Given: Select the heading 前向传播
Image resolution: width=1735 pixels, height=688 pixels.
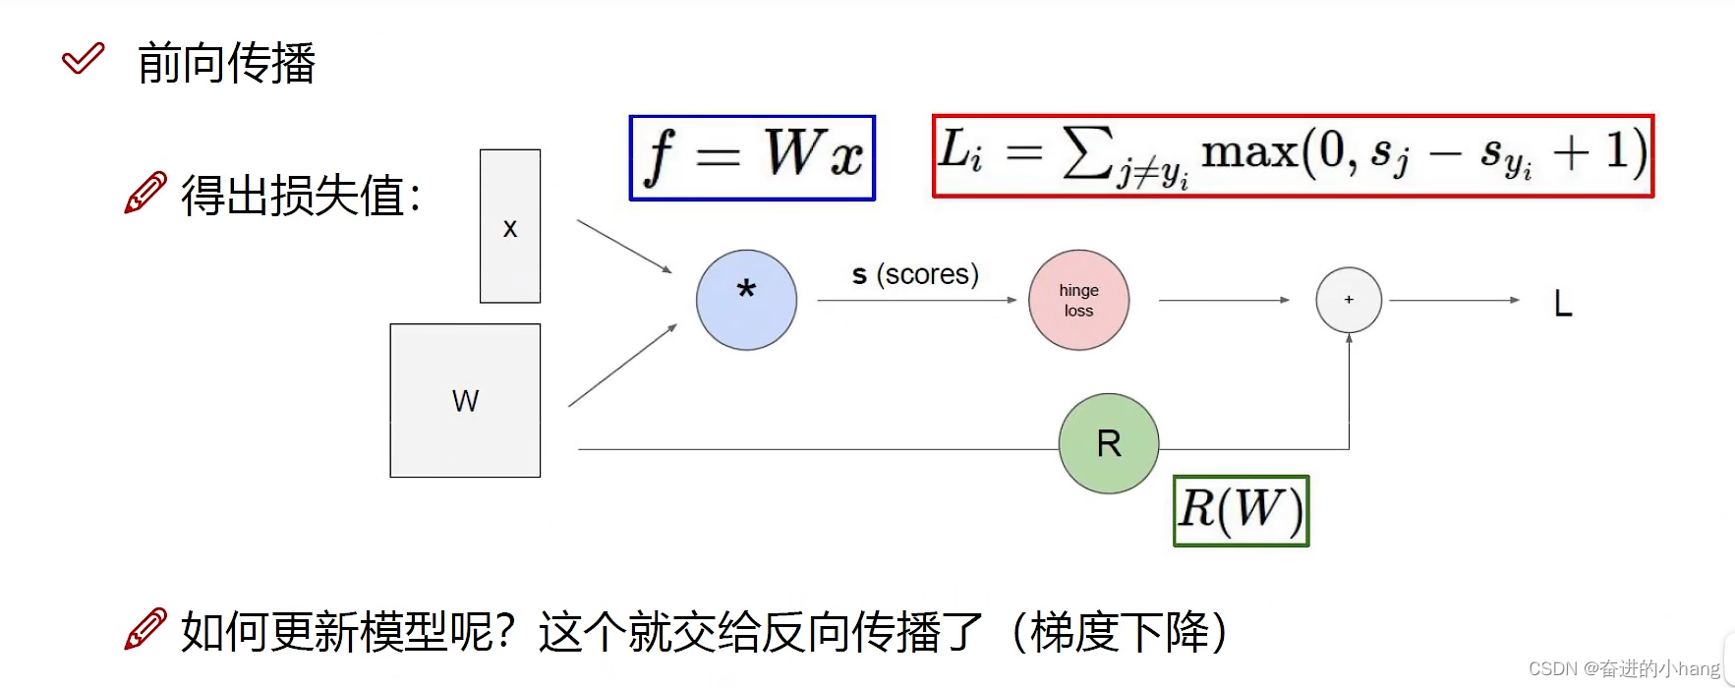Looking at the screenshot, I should pyautogui.click(x=226, y=64).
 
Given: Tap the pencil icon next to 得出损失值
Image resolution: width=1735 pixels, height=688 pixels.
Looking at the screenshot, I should pyautogui.click(x=145, y=193).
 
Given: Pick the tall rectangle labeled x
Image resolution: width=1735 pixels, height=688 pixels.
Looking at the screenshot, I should pyautogui.click(x=509, y=226).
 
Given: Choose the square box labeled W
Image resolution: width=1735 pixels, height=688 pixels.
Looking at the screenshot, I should pyautogui.click(x=465, y=400).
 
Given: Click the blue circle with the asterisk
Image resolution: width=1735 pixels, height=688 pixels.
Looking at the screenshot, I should pyautogui.click(x=746, y=300).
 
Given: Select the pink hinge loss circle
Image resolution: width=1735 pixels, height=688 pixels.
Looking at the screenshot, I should pyautogui.click(x=1078, y=300).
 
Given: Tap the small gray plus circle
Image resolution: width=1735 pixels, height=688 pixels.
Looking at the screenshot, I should pyautogui.click(x=1349, y=300).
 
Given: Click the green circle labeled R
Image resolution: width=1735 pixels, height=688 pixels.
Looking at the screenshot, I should pyautogui.click(x=1109, y=443).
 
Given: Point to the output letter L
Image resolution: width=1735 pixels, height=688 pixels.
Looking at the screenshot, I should pyautogui.click(x=1563, y=305).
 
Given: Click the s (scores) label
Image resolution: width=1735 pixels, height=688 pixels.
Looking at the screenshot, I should pyautogui.click(x=915, y=274).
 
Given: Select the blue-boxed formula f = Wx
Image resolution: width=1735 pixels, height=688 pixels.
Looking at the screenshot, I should pyautogui.click(x=752, y=157).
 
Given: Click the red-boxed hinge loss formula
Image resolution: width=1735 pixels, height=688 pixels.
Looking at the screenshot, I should pyautogui.click(x=1293, y=156).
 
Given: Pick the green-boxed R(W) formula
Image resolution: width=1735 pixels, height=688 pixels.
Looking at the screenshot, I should pyautogui.click(x=1241, y=510).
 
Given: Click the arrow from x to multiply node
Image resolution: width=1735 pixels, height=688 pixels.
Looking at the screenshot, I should pyautogui.click(x=624, y=246).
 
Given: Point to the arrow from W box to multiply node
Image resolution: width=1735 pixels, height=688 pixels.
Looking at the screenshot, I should pyautogui.click(x=622, y=366).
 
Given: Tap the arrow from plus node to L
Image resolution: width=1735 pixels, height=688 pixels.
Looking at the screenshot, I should pyautogui.click(x=1453, y=300).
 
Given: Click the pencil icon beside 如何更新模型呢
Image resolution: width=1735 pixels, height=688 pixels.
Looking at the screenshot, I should pyautogui.click(x=145, y=629).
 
